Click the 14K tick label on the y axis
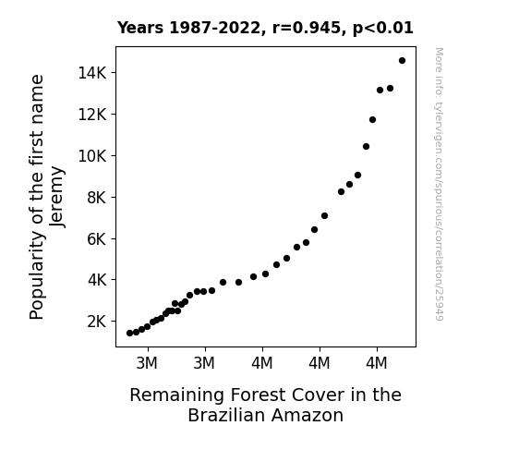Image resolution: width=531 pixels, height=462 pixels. point(92,73)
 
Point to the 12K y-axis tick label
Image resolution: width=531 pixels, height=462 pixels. point(92,115)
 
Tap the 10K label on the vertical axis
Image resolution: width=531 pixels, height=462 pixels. point(92,156)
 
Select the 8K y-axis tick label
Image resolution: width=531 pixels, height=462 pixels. point(97,197)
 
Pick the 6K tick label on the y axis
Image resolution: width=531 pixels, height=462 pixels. point(97,239)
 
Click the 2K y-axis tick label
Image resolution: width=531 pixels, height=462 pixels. point(97,322)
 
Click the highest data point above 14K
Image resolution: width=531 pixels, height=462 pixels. point(402,61)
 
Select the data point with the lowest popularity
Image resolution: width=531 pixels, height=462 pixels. point(129,334)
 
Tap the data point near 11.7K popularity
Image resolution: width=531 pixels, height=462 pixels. point(372,119)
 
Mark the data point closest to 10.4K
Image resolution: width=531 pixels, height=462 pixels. point(366,146)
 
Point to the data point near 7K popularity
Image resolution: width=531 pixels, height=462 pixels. point(324,216)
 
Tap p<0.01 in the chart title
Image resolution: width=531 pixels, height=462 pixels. point(383,29)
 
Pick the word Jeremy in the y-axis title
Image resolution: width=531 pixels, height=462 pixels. point(56,197)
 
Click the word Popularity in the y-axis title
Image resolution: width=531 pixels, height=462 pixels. point(37,275)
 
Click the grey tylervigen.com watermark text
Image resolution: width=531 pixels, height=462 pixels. point(439,184)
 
